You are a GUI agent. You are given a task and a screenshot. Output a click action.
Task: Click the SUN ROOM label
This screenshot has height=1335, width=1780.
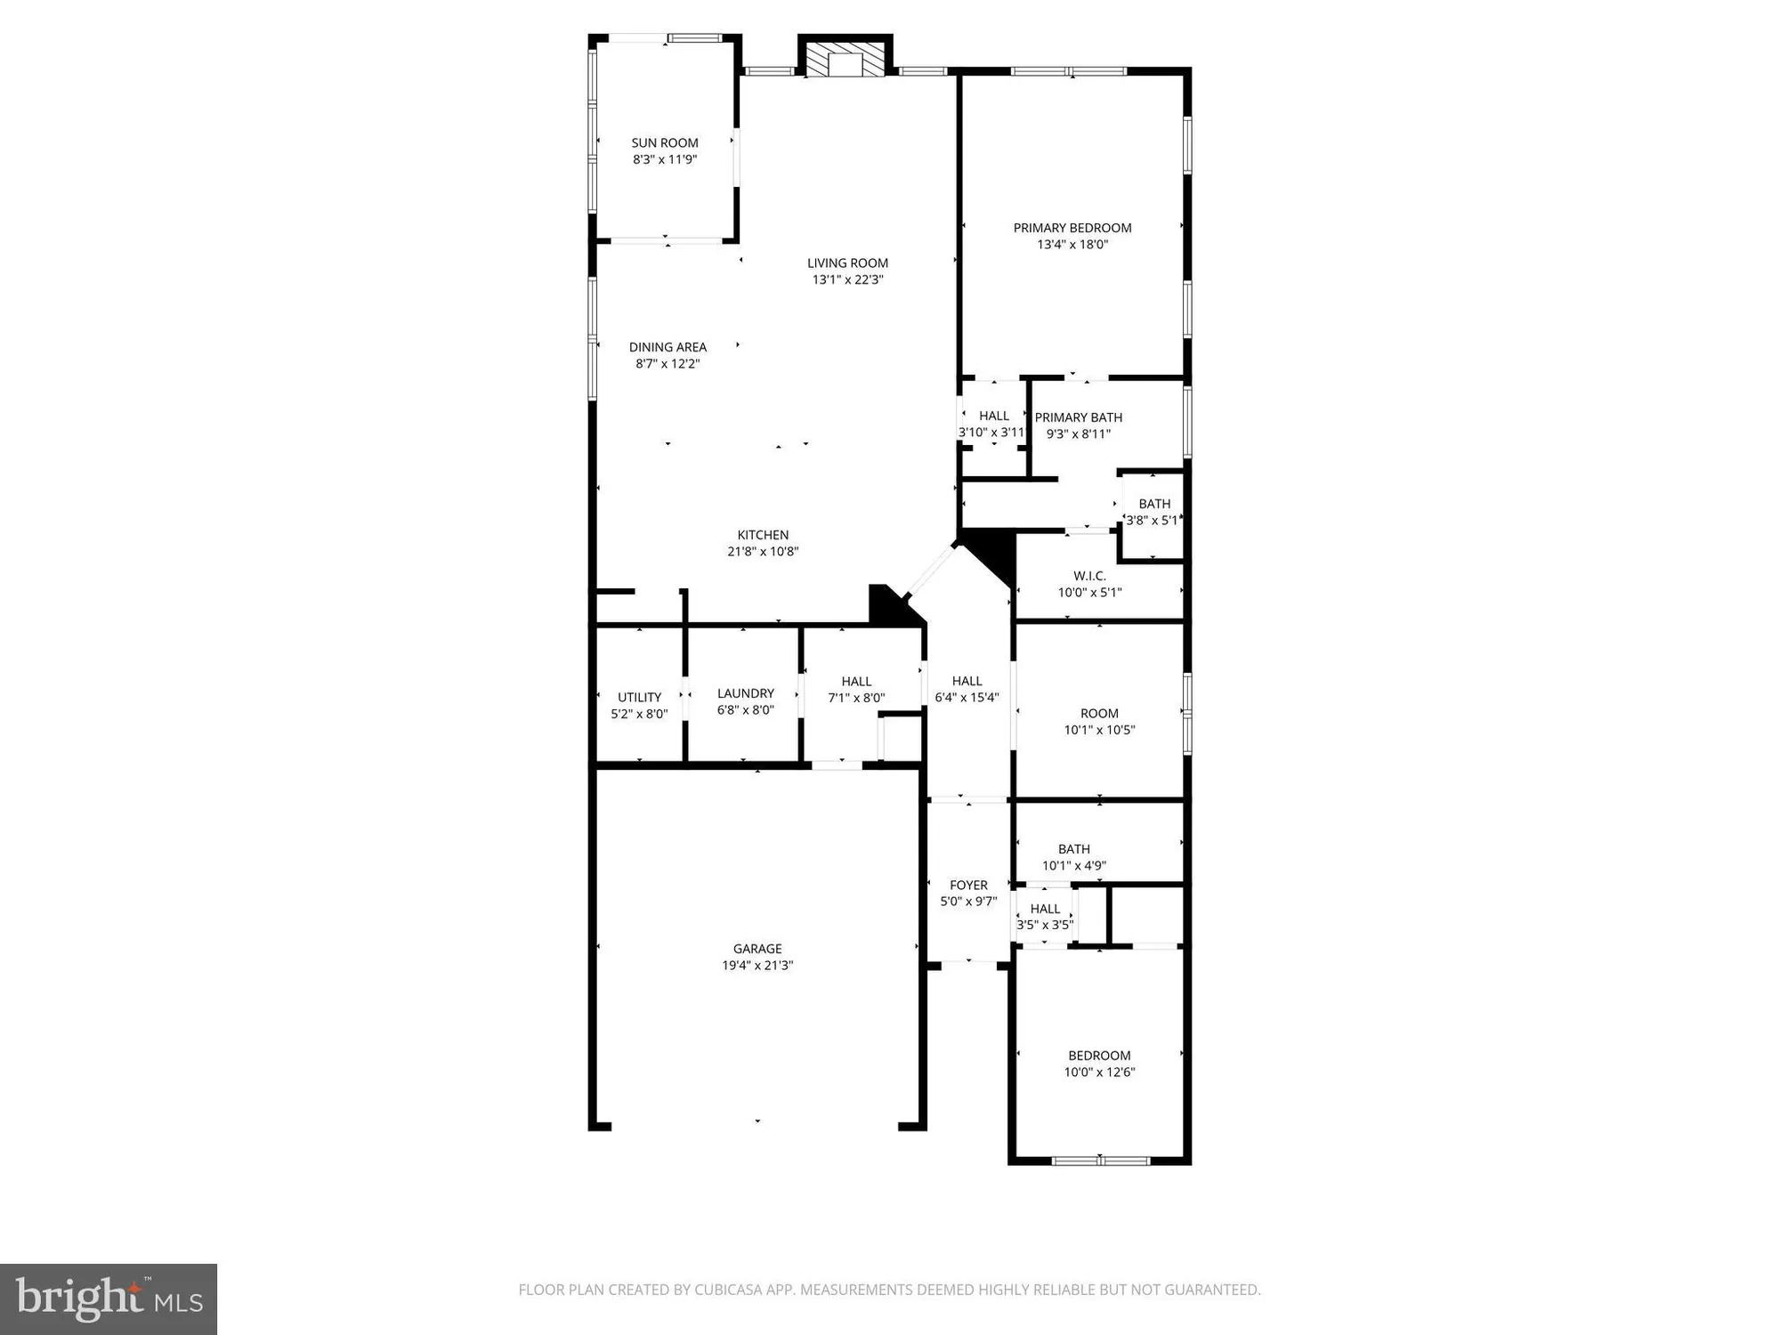point(665,142)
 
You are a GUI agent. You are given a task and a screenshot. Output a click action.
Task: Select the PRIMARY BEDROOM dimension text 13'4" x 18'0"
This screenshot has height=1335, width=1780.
point(1072,245)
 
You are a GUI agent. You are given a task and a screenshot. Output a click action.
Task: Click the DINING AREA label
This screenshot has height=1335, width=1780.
point(667,347)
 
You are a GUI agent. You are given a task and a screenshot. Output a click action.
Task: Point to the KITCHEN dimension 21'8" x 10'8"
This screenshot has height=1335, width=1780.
point(763,552)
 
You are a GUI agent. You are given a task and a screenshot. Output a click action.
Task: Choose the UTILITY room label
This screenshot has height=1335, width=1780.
point(639,697)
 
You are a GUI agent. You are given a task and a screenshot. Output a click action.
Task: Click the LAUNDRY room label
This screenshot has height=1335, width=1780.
point(745,693)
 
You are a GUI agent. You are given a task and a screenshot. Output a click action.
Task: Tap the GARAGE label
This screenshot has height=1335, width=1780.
point(757,949)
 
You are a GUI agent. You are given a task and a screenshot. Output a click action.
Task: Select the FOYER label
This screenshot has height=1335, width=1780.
point(968,885)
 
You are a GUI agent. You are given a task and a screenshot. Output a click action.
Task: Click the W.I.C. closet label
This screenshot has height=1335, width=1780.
point(1089,576)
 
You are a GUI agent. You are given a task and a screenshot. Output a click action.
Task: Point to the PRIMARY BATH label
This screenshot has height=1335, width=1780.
point(1078,417)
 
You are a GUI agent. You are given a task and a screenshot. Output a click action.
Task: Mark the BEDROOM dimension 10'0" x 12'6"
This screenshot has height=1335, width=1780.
point(1099,1072)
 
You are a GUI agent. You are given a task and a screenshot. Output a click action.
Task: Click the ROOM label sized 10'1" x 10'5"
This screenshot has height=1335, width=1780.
point(1099,713)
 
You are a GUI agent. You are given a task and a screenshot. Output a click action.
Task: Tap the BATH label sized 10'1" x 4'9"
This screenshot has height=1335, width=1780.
point(1074,849)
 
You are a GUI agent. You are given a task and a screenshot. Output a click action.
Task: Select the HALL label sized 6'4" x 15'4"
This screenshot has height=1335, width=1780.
point(967,681)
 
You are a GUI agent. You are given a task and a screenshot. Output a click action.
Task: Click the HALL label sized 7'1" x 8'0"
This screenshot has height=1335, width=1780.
point(856,682)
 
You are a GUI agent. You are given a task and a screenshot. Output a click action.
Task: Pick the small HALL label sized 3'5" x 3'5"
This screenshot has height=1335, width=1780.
point(1045,909)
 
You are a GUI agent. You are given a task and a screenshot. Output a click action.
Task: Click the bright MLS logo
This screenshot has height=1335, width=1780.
point(109,1299)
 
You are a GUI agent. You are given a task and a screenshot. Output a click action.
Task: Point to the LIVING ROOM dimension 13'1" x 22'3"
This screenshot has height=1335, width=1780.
point(847,279)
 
